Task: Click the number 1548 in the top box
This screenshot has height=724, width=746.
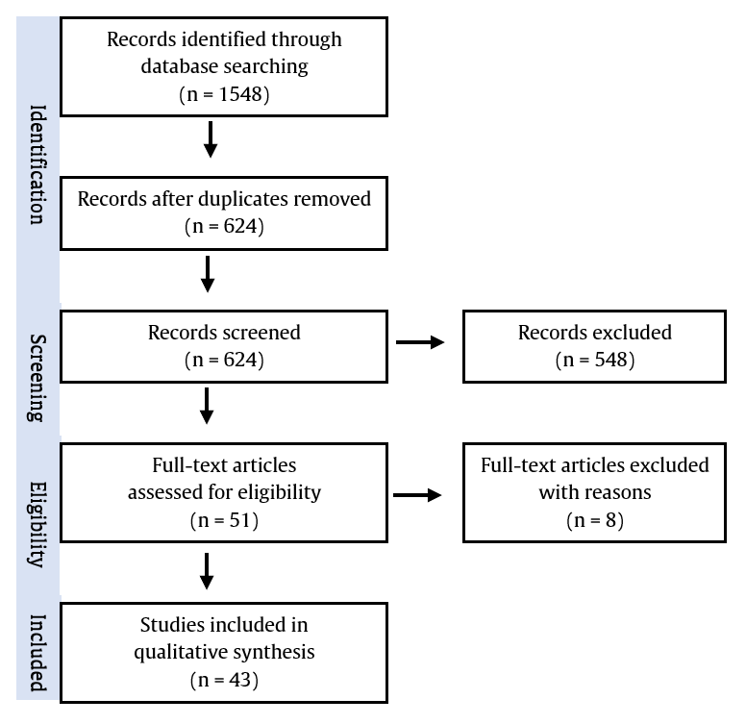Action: click(240, 94)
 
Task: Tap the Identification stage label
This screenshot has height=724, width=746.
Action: click(38, 164)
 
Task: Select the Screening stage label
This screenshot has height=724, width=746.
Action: click(37, 378)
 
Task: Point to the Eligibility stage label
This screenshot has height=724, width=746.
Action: click(37, 525)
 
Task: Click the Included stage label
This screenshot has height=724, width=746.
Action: click(38, 653)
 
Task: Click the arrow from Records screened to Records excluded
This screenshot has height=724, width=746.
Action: click(420, 342)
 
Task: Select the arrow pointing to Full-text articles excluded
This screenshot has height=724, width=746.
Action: click(417, 495)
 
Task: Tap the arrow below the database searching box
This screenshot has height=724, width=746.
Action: click(211, 139)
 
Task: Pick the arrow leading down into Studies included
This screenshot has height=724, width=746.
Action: click(207, 571)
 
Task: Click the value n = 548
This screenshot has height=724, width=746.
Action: click(595, 361)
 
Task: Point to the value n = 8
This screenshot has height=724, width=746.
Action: click(595, 520)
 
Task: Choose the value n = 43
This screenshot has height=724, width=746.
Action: click(224, 680)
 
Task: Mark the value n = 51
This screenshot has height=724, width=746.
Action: click(224, 520)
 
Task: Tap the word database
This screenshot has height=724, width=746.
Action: click(174, 66)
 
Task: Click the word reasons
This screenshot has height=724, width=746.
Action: click(622, 493)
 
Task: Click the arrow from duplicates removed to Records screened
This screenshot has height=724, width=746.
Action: click(208, 274)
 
